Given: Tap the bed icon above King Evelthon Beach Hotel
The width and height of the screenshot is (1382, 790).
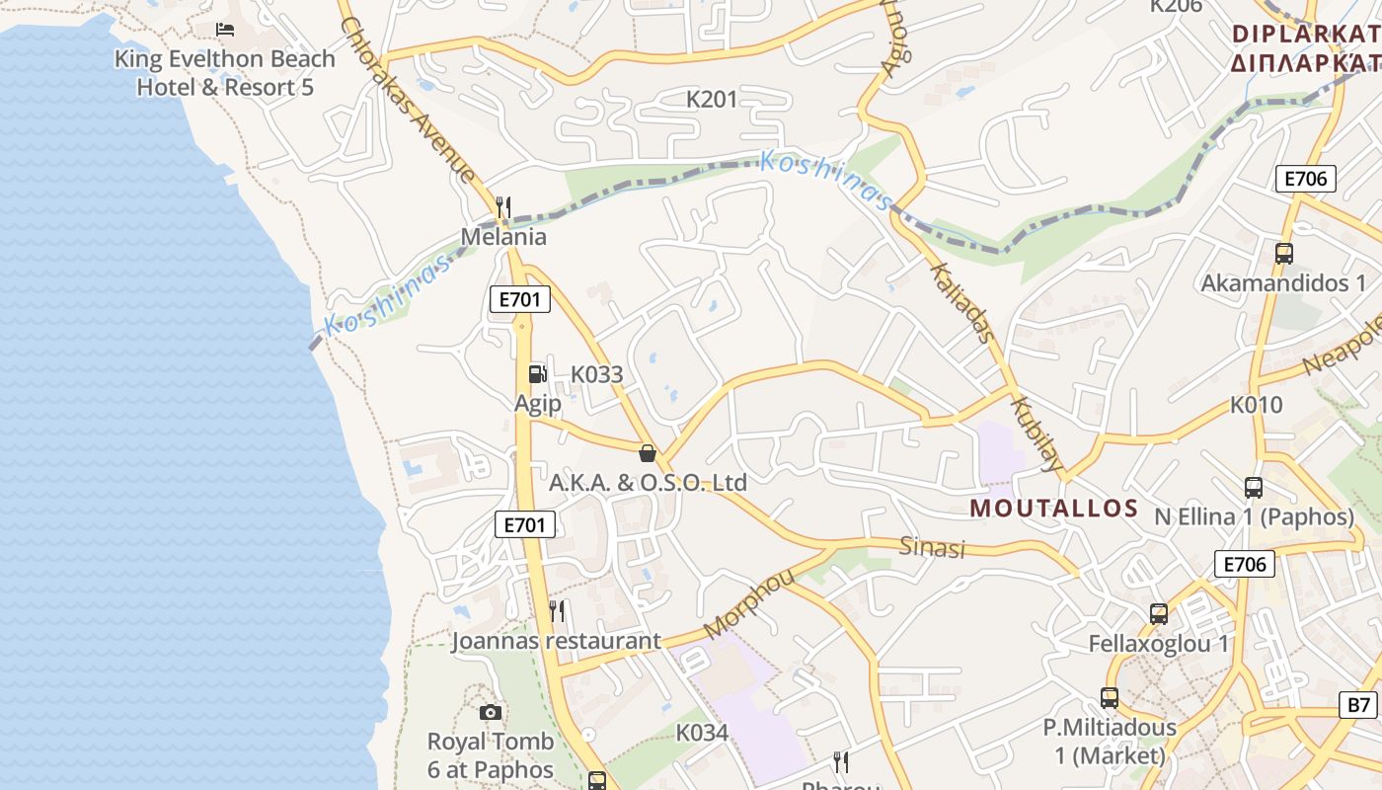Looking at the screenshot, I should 225,30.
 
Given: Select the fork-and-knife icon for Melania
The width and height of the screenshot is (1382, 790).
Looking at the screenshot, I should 503,206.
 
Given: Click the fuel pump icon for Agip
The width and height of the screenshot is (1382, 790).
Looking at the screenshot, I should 537,373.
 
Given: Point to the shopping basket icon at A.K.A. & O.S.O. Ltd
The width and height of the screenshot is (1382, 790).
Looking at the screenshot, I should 648,453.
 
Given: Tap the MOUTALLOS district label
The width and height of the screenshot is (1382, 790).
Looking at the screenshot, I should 1054,509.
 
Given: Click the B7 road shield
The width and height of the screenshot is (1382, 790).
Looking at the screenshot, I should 1359,705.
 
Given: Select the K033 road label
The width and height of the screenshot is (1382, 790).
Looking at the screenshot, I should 597,374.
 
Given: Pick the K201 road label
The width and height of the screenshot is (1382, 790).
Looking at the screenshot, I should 712,99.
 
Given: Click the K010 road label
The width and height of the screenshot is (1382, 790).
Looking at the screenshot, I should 1256,405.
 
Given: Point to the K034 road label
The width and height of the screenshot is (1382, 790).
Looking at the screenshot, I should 702,733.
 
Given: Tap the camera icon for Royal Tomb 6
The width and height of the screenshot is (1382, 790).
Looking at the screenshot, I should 491,712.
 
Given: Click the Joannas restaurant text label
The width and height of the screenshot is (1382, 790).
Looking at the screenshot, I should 556,641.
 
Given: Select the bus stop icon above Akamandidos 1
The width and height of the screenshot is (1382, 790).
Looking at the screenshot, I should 1283,254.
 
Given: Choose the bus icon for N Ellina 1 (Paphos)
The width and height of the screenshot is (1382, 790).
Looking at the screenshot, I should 1253,487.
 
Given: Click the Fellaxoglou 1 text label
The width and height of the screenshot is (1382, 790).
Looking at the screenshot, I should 1158,644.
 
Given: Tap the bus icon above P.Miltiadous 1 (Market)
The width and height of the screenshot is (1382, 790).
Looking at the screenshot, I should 1110,698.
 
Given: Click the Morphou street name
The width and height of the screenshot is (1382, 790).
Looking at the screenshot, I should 749,603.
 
